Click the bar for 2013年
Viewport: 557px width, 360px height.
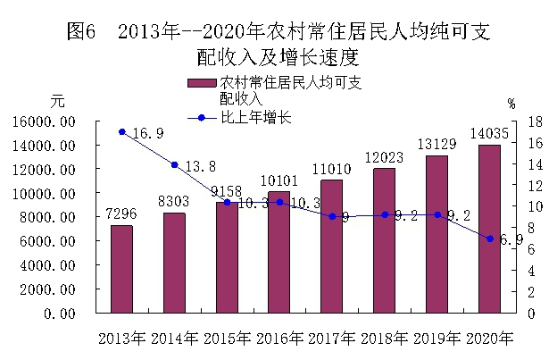pos(121,269)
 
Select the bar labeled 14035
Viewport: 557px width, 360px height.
pos(488,229)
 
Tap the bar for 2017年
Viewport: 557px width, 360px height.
pos(331,247)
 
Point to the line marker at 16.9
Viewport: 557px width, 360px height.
pos(121,132)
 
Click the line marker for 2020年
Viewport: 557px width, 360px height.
pos(489,239)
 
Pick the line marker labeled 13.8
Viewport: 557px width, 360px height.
pos(174,164)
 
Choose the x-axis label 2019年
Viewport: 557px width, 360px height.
pos(436,340)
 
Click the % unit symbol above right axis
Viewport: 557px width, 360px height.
pos(511,103)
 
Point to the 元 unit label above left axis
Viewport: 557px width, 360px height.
pos(58,102)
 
